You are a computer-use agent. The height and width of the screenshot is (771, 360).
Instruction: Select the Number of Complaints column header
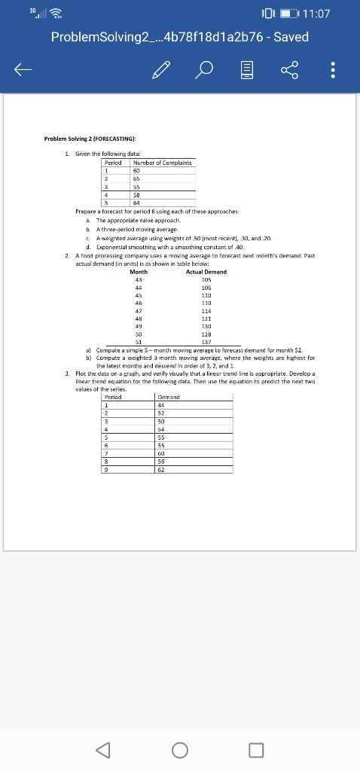pyautogui.click(x=163, y=162)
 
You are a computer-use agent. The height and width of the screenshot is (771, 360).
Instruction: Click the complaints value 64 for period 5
pyautogui.click(x=138, y=202)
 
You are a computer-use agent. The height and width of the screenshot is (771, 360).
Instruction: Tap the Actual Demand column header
pyautogui.click(x=206, y=271)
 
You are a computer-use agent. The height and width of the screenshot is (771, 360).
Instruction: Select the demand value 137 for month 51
pyautogui.click(x=206, y=340)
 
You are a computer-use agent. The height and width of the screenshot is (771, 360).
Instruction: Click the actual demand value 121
pyautogui.click(x=206, y=317)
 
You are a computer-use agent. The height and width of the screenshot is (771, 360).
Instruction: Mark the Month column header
pyautogui.click(x=139, y=271)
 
